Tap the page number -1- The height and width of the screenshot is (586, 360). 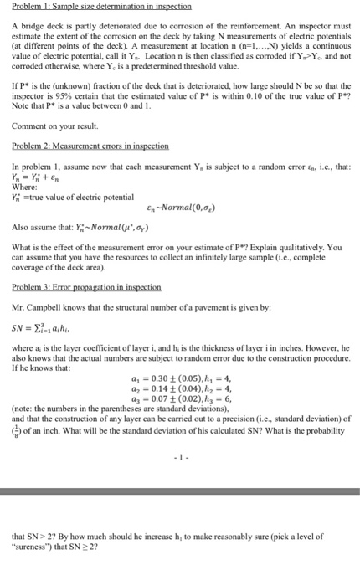pos(180,459)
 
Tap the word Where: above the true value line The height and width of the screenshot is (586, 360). pos(23,198)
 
